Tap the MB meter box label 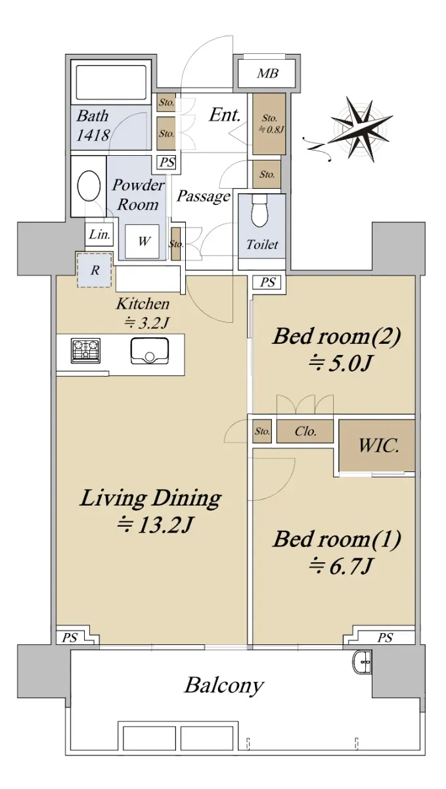click(267, 73)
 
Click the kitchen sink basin click(149, 351)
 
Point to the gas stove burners click(85, 350)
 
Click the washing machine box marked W click(143, 241)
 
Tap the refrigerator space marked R click(95, 270)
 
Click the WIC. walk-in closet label click(378, 445)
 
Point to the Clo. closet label click(305, 431)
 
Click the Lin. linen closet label click(99, 234)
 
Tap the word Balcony click(224, 685)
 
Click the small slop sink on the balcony click(361, 662)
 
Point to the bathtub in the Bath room click(111, 82)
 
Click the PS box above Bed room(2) click(267, 282)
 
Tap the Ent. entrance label click(225, 115)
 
